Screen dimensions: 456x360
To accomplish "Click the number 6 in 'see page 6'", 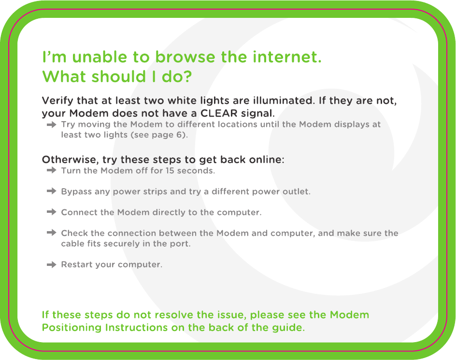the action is pyautogui.click(x=179, y=135).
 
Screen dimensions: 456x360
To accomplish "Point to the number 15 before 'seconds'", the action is pyautogui.click(x=170, y=170).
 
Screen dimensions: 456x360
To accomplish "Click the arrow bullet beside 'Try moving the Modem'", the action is pyautogui.click(x=52, y=125).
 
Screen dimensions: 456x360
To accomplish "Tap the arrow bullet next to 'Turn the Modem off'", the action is pyautogui.click(x=52, y=170).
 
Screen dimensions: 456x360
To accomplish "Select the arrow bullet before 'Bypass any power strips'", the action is pyautogui.click(x=52, y=191).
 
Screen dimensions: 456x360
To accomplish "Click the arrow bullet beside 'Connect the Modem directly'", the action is pyautogui.click(x=52, y=212).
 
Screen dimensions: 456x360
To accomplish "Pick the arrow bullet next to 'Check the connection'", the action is pyautogui.click(x=52, y=233).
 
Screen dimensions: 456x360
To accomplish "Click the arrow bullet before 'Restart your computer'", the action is pyautogui.click(x=52, y=264).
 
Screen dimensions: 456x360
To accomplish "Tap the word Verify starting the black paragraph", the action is pyautogui.click(x=57, y=100).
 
